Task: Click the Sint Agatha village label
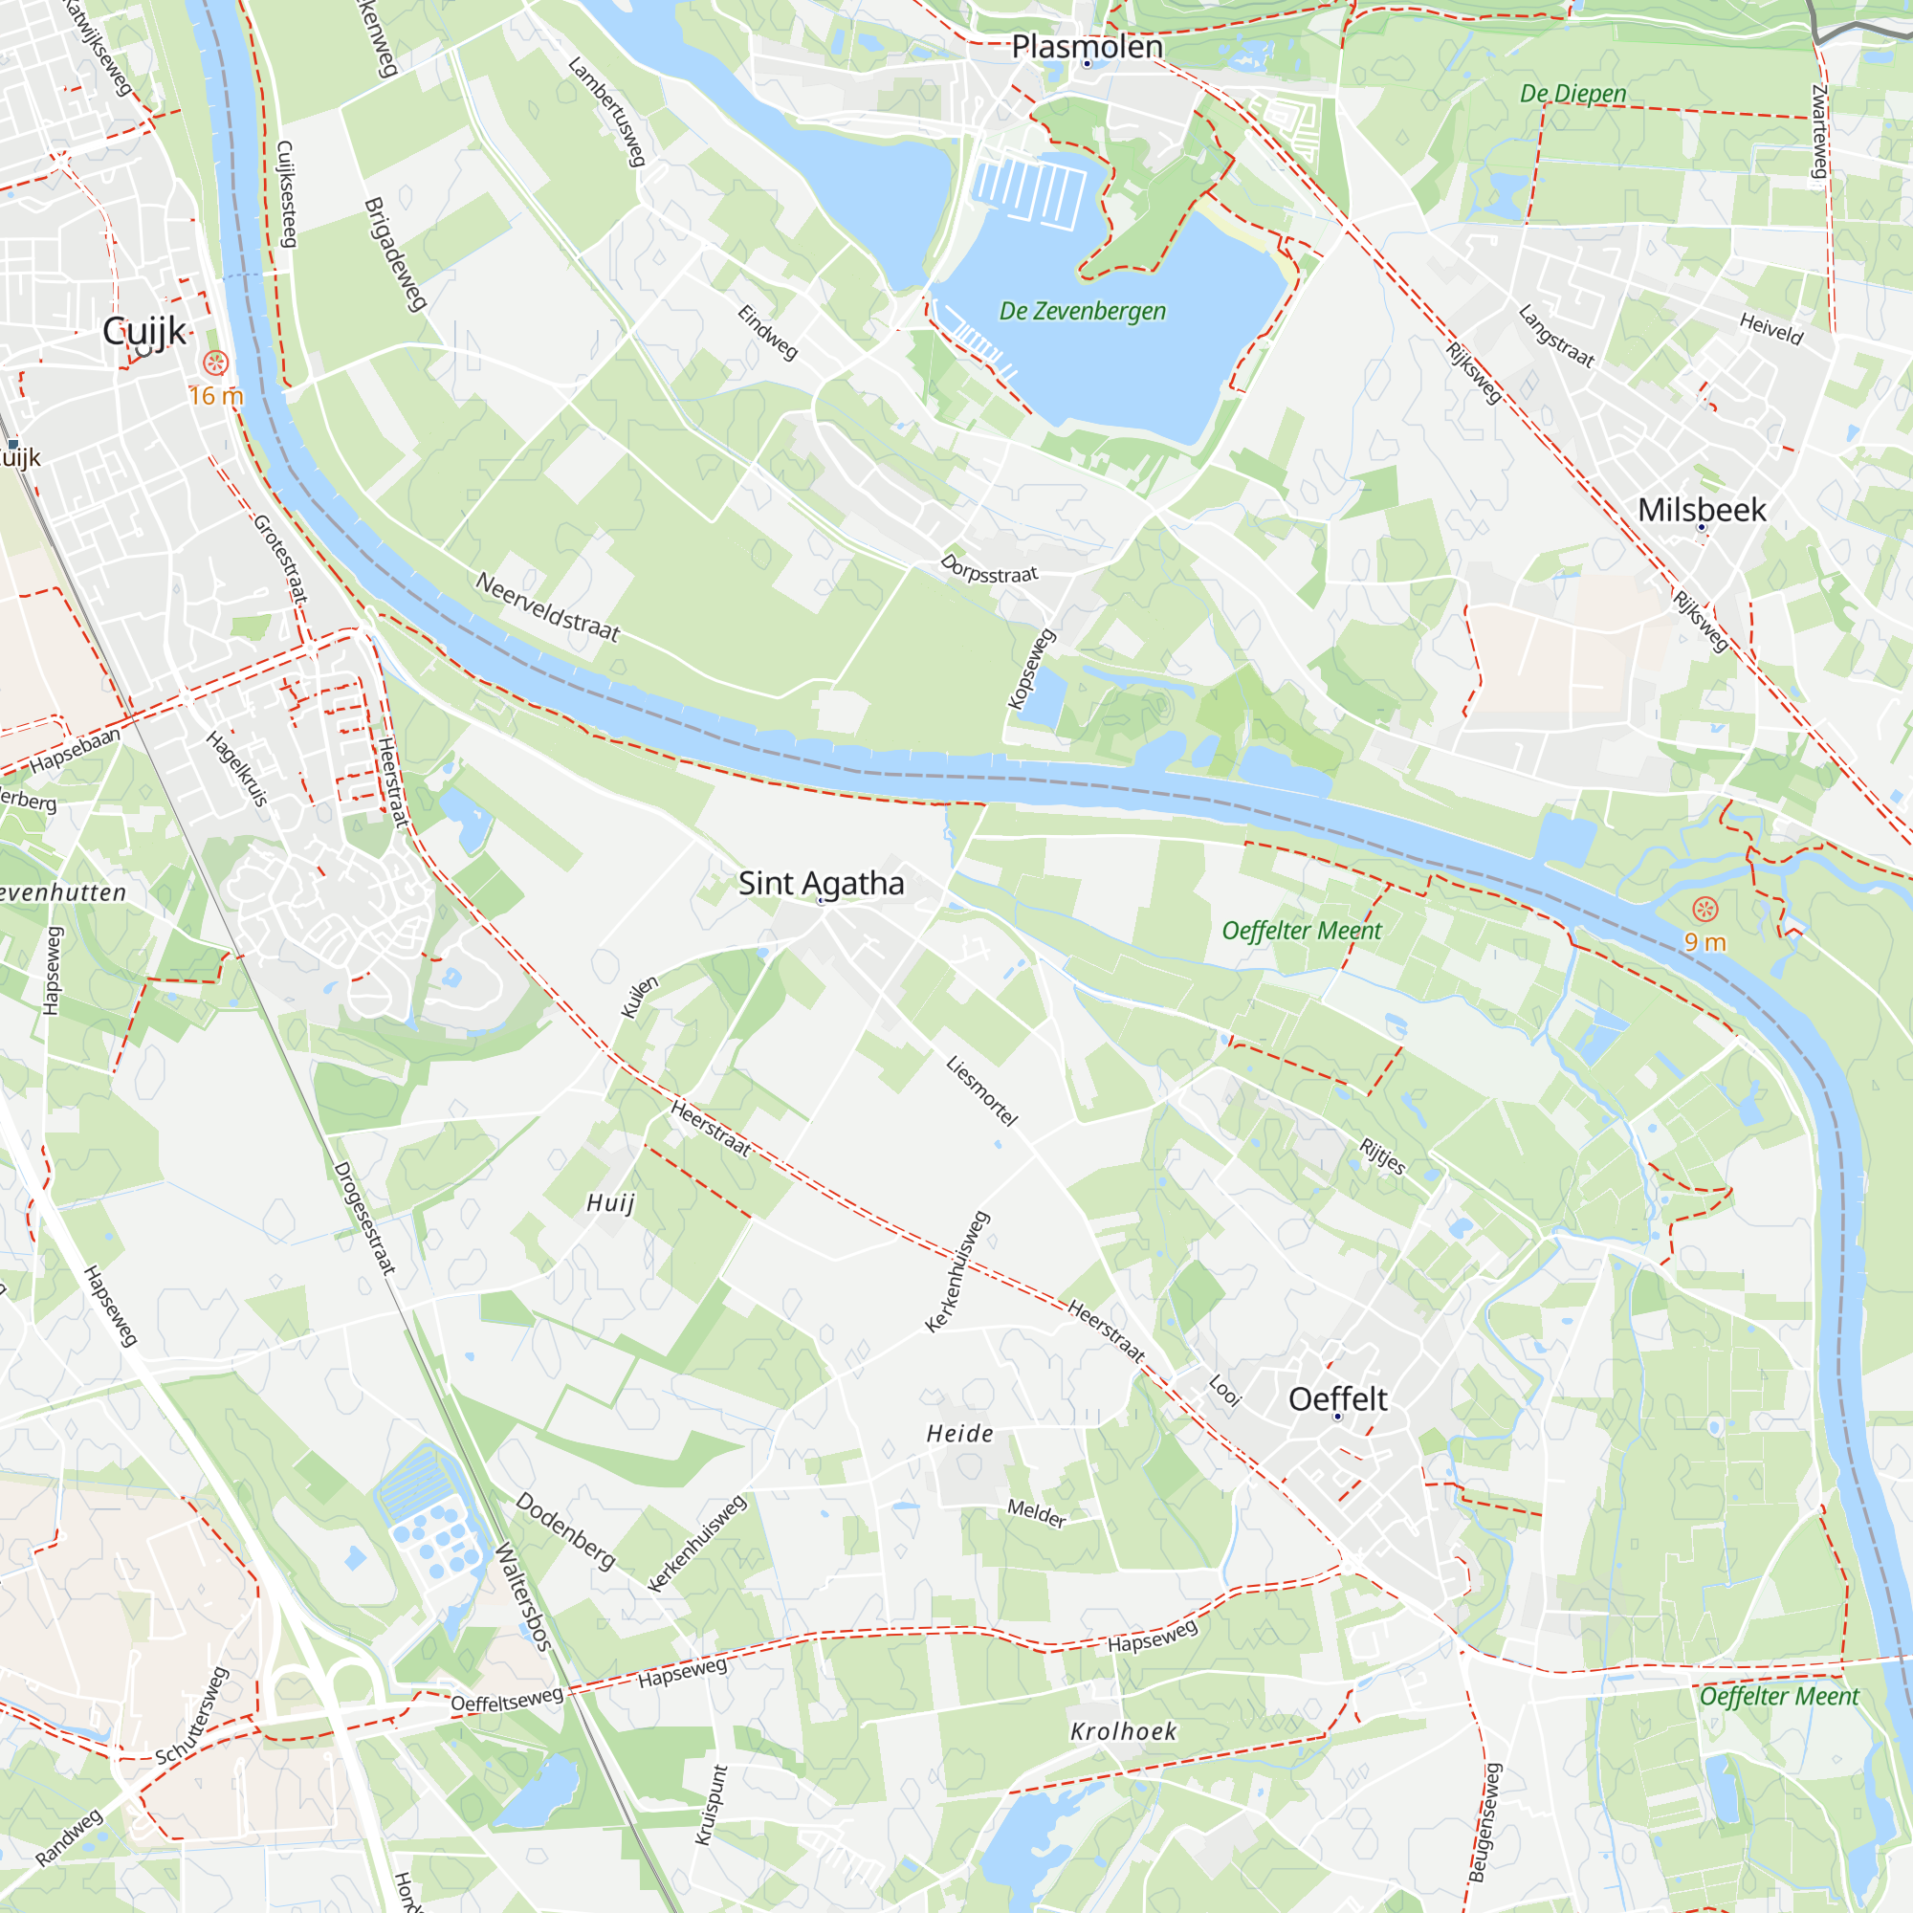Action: coord(821,883)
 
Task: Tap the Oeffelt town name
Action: coord(1338,1399)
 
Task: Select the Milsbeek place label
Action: coord(1701,510)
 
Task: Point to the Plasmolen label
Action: coord(1087,47)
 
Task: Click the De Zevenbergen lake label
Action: coord(1082,311)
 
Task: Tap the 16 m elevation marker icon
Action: coord(215,363)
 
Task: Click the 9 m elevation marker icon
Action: coord(1704,909)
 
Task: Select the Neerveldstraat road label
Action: coord(547,607)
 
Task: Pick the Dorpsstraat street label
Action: coord(988,569)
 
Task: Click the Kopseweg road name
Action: coord(1031,670)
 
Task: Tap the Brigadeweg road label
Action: coord(395,254)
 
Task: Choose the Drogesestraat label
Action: coord(364,1218)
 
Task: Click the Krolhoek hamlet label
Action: coord(1124,1732)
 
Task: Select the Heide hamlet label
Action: coord(959,1434)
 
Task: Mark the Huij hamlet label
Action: coord(610,1203)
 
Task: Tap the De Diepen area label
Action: coord(1573,94)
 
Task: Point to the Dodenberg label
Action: coord(565,1530)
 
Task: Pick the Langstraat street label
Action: coord(1555,337)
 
